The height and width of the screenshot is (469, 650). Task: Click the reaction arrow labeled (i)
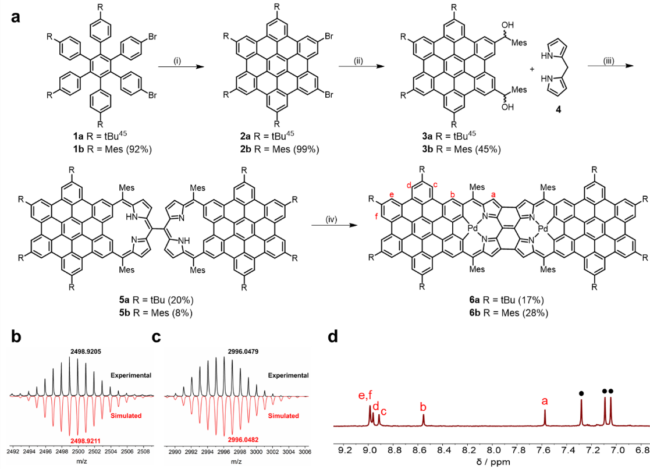(182, 66)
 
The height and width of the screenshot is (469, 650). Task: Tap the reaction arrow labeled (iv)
(334, 225)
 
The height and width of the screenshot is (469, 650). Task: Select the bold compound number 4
(558, 111)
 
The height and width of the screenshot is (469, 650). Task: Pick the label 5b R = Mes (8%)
(156, 312)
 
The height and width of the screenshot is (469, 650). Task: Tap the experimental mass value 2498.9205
(86, 351)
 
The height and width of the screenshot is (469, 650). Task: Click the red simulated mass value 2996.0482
(243, 439)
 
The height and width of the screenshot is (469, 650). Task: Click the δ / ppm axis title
(493, 461)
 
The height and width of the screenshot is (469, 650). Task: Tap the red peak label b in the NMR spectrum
(423, 407)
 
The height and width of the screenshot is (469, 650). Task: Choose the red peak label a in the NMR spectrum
(545, 402)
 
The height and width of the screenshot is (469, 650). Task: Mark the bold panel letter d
(333, 336)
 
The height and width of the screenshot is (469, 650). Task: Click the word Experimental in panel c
(289, 375)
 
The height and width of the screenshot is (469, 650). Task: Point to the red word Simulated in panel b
(126, 415)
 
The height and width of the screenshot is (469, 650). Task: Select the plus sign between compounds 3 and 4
(532, 69)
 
